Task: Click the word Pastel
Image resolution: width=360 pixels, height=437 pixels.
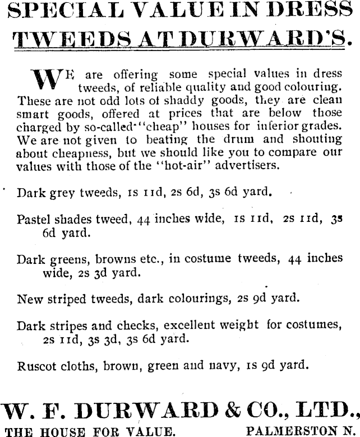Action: point(35,219)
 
